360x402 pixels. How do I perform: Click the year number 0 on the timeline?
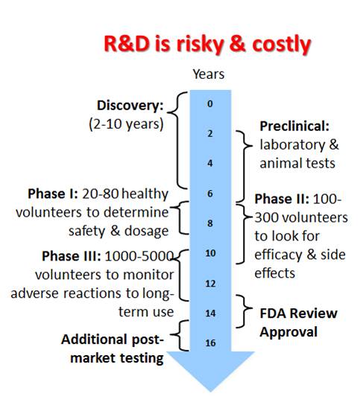coord(210,103)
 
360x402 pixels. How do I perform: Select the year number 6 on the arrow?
coord(210,194)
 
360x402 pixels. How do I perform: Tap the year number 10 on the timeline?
coord(210,253)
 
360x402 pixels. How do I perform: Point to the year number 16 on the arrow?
coord(210,343)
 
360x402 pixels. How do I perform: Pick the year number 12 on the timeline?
coord(210,284)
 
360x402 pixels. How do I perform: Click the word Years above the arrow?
coord(209,74)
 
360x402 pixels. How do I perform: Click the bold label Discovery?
coord(130,106)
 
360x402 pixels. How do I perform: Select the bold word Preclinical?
coord(294,126)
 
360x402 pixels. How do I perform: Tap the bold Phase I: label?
coord(53,194)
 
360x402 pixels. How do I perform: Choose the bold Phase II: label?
coord(282,200)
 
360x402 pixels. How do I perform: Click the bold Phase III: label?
coord(72,256)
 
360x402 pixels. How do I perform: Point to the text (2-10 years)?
coord(126,124)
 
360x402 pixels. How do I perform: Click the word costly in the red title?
coord(282,45)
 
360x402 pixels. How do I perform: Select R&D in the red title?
coord(127,44)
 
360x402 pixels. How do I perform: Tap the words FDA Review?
coord(298,313)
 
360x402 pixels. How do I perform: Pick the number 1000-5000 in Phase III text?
coord(139,256)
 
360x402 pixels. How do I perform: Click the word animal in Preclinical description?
coord(277,163)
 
